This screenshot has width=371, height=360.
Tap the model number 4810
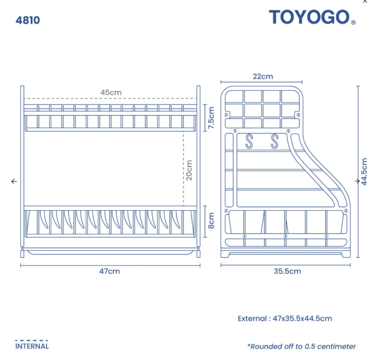tap(28, 20)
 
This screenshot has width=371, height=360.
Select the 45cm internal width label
tap(111, 92)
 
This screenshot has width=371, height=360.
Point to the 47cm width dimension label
tap(109, 271)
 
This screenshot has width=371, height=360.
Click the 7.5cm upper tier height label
tap(211, 118)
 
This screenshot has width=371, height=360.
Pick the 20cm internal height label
tap(189, 170)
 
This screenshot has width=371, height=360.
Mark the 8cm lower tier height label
tap(211, 221)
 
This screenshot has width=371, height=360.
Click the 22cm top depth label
tap(263, 76)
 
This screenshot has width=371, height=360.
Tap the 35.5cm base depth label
tap(287, 271)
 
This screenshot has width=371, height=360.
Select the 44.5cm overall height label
tap(364, 172)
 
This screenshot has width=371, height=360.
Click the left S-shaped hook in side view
tap(249, 141)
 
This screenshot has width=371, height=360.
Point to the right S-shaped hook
tap(274, 141)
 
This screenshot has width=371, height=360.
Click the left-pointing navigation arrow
tap(14, 181)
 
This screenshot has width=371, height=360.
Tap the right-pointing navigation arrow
tap(357, 181)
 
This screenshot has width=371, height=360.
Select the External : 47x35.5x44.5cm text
tap(285, 318)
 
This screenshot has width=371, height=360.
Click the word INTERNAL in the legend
tap(32, 346)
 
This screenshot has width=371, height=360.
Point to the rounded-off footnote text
tap(302, 347)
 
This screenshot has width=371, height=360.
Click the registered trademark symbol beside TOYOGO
tap(353, 22)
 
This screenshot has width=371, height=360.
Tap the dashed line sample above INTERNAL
tap(31, 341)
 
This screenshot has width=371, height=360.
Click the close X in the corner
tap(365, 2)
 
